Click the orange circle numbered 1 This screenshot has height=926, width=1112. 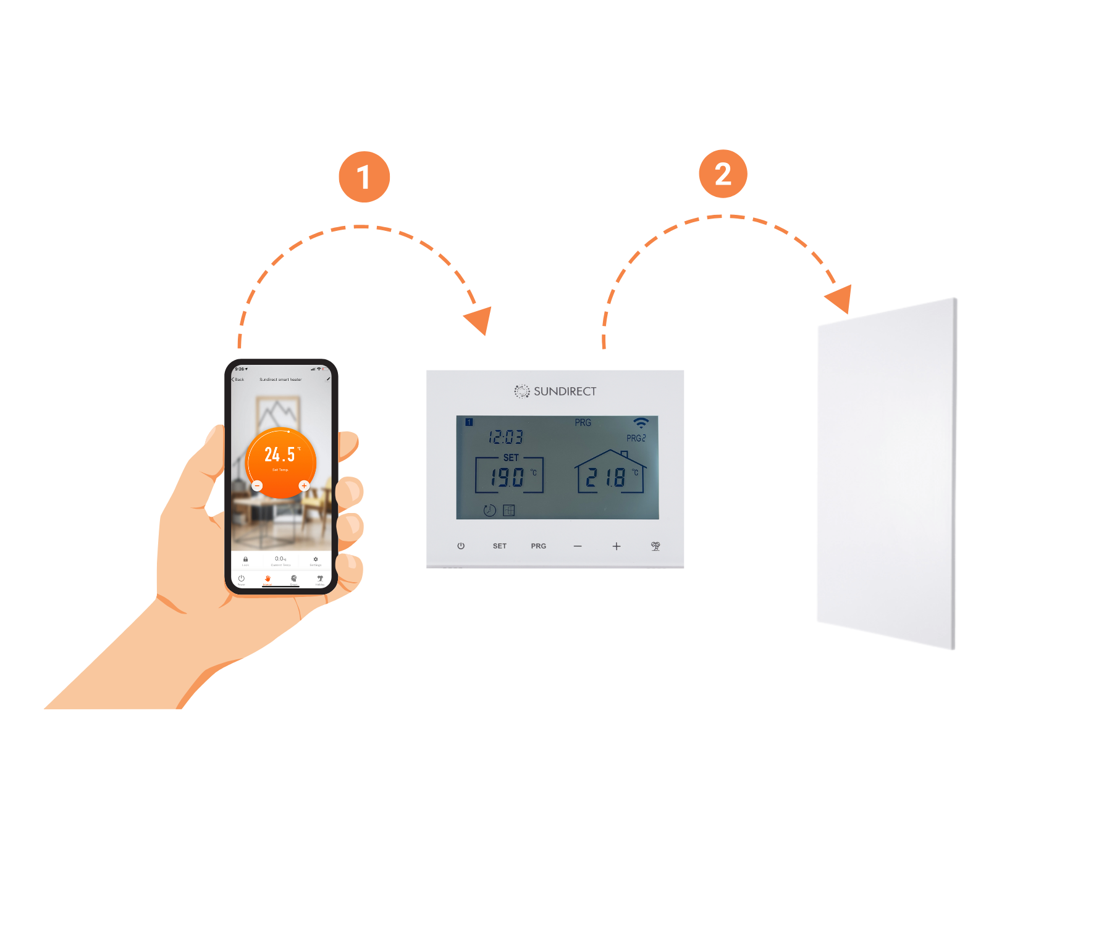pos(364,177)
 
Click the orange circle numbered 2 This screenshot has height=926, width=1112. pos(723,173)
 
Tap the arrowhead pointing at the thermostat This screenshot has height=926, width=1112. pos(479,320)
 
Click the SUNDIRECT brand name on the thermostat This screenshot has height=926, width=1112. pos(565,391)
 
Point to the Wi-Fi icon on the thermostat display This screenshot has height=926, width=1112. pos(641,423)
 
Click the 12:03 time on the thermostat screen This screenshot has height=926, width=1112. pos(505,438)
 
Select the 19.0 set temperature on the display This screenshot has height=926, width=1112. pos(507,477)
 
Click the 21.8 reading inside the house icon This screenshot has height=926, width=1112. pos(605,477)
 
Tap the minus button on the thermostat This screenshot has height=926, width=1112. pos(578,546)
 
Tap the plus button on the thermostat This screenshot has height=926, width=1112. pos(617,546)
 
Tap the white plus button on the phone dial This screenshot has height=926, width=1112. pos(304,486)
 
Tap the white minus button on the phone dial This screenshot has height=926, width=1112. pos(258,486)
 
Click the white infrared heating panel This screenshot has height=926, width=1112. pos(887,472)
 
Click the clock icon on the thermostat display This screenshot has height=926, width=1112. pos(489,511)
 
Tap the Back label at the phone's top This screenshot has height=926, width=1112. pos(238,380)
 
